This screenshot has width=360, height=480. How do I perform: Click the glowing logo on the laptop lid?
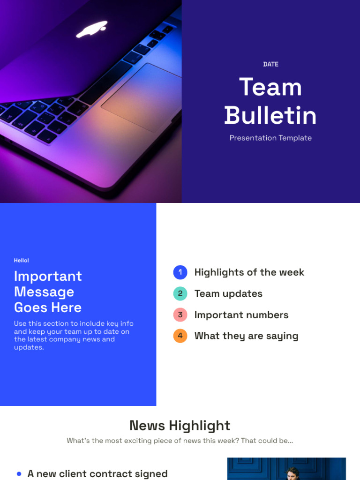92,29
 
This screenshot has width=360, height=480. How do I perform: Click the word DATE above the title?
270,64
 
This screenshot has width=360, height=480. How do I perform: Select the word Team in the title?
270,88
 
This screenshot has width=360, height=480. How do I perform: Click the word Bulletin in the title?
270,116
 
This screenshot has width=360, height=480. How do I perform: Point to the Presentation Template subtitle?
270,138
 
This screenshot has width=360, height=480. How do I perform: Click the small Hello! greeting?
22,260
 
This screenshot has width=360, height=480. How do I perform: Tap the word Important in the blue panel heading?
48,276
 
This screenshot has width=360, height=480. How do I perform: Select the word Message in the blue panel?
44,292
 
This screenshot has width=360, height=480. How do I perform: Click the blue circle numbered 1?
180,272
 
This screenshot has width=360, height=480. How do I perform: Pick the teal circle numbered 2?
180,294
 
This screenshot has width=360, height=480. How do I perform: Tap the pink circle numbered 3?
180,315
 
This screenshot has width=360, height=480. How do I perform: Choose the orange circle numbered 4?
180,336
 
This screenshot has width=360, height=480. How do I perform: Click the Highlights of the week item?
249,272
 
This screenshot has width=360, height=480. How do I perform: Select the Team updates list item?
228,294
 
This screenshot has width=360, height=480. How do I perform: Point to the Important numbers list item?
241,315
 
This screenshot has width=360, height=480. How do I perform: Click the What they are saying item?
246,336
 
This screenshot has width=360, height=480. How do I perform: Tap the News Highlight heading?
180,426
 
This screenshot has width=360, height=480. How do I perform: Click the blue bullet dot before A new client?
19,474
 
